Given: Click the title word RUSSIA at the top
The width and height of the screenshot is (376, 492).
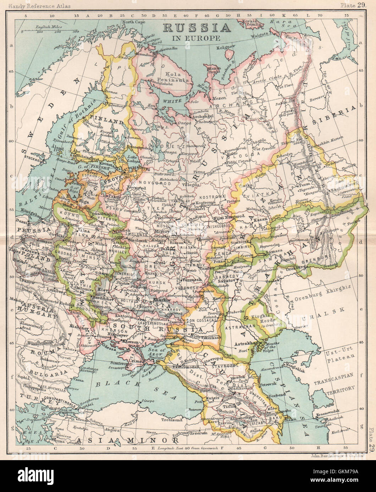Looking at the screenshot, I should (x=197, y=28).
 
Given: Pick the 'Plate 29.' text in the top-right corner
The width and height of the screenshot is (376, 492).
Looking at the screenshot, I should (x=352, y=5).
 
